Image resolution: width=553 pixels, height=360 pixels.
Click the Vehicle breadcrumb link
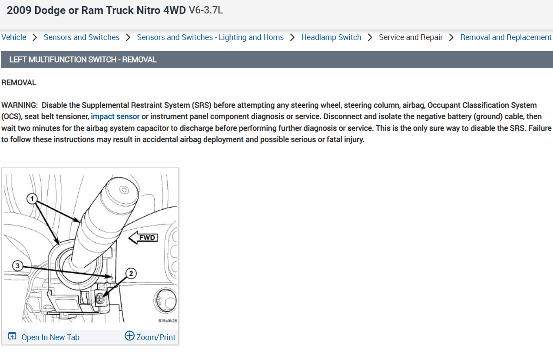pos(14,37)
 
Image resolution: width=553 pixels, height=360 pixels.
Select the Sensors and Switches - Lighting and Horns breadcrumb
pos(210,37)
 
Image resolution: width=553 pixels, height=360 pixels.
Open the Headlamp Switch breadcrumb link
pos(331,37)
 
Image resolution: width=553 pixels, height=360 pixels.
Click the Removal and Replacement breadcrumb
pos(506,37)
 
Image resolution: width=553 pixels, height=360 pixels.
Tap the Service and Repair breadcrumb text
pos(411,37)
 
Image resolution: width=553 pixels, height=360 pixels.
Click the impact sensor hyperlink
pos(115,116)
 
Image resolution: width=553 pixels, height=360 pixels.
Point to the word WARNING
pos(20,105)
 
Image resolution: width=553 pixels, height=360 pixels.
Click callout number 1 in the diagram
pos(32,198)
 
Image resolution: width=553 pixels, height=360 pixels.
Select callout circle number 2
pos(131,274)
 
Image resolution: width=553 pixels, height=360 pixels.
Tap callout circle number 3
pos(17,266)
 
